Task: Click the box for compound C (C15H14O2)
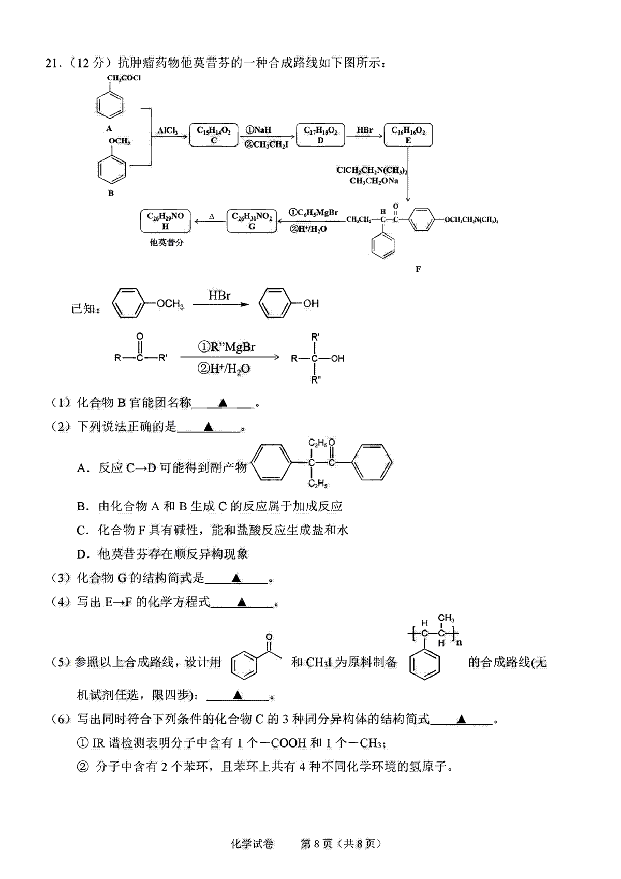pos(213,136)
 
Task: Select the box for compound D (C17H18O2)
pos(320,136)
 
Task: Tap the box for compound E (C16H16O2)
pos(408,136)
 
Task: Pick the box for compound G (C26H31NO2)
pos(252,222)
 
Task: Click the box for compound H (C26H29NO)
pos(165,222)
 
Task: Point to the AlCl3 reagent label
pos(168,130)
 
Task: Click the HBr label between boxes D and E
pos(364,130)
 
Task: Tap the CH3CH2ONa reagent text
pos(374,181)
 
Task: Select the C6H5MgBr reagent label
pos(314,213)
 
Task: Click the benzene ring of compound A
pos(110,105)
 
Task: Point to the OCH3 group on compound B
pos(119,141)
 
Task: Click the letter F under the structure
pos(418,269)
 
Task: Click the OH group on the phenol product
pos(310,303)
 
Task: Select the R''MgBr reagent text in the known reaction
pos(227,347)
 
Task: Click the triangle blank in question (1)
pos(223,403)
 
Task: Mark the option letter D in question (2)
pos(82,554)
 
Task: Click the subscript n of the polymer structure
pos(459,643)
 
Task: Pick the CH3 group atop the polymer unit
pos(447,619)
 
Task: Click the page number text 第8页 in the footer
pos(316,844)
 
